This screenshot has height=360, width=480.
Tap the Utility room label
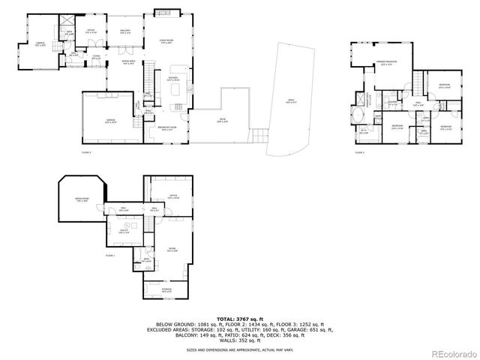(x=124, y=232)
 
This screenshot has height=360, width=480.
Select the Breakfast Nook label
(x=166, y=128)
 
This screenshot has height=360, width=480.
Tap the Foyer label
(x=97, y=56)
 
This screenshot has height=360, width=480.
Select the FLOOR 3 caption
(x=358, y=152)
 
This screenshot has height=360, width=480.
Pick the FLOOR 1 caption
(x=110, y=256)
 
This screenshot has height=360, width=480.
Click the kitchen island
(x=177, y=92)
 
